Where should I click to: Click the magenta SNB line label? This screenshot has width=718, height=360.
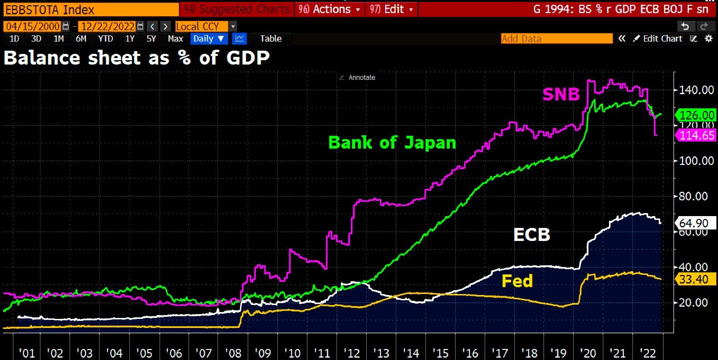[561, 95]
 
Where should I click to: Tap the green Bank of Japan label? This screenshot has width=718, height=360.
[392, 142]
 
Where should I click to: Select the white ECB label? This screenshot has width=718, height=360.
[532, 235]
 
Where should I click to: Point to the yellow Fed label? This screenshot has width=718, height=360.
[517, 281]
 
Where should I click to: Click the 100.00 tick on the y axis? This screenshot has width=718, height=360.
[694, 161]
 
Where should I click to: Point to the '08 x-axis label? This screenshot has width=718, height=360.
[233, 353]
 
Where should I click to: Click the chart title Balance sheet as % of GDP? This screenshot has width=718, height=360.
[136, 58]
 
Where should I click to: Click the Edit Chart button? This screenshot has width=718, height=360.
[658, 39]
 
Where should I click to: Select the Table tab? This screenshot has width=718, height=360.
[271, 39]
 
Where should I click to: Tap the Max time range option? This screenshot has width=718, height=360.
[175, 39]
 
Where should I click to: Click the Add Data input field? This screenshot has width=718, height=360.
[556, 39]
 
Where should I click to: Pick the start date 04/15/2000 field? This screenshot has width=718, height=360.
[32, 26]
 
